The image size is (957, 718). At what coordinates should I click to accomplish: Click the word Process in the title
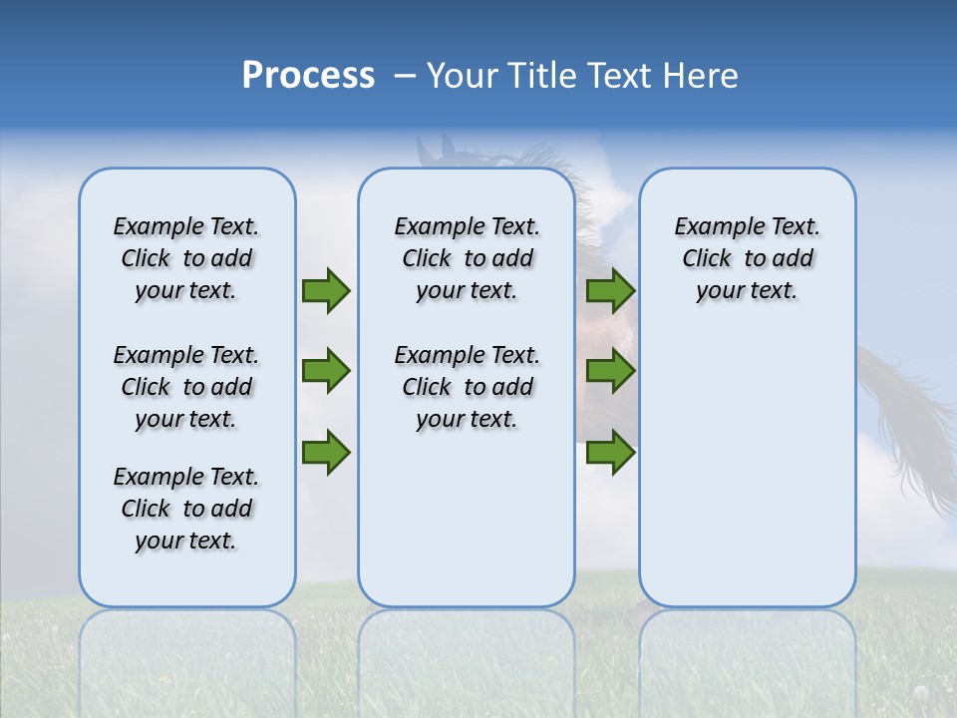pos(308,76)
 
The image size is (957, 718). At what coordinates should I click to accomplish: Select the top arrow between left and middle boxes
pos(326,291)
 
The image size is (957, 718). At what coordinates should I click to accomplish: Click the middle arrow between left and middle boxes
pos(326,371)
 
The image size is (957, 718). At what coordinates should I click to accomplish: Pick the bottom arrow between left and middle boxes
pos(326,453)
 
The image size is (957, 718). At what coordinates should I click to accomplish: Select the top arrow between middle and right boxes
pos(610,291)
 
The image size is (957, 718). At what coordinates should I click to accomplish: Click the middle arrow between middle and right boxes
pos(610,371)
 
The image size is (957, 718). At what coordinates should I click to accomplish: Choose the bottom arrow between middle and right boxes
pos(610,453)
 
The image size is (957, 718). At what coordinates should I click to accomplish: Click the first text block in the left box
pos(186,258)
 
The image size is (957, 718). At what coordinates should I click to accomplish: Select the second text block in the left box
pos(186,387)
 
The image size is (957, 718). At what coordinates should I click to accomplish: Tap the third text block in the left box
pos(186,509)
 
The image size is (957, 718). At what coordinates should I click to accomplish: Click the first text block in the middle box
pos(467,258)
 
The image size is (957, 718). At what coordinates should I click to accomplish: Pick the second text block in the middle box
pos(467,387)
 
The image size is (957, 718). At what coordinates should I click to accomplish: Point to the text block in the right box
pos(747,258)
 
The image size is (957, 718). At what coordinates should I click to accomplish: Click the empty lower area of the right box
pos(747,479)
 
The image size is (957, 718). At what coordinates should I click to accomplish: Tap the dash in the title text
pos(405,77)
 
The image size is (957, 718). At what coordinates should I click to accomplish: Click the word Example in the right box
pos(710,226)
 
